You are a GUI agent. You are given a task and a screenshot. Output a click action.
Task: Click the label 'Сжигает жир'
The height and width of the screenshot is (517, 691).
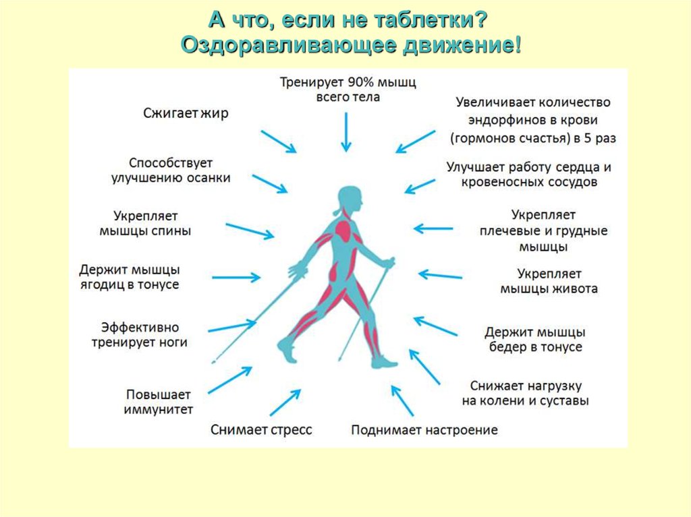pyautogui.click(x=186, y=113)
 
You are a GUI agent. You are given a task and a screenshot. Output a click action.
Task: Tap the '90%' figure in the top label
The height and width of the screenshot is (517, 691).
pyautogui.click(x=364, y=82)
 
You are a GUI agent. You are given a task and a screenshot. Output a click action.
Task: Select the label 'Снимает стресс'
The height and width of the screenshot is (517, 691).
pyautogui.click(x=261, y=429)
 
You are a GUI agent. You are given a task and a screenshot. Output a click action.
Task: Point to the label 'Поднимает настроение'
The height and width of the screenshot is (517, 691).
pyautogui.click(x=424, y=429)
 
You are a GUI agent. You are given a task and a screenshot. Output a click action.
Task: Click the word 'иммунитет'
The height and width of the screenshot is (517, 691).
pyautogui.click(x=159, y=409)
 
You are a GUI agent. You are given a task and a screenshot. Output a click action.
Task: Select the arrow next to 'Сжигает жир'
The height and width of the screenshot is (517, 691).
pyautogui.click(x=278, y=142)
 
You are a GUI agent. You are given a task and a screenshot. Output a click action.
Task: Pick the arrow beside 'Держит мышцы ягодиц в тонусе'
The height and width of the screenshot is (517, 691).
pyautogui.click(x=236, y=276)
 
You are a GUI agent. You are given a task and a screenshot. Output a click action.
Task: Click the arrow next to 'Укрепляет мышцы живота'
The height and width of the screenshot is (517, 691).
pyautogui.click(x=440, y=275)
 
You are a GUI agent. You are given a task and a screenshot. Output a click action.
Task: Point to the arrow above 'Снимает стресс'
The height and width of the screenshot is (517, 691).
pyautogui.click(x=285, y=403)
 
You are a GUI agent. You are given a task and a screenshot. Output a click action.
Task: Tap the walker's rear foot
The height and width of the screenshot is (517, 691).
pyautogui.click(x=286, y=350)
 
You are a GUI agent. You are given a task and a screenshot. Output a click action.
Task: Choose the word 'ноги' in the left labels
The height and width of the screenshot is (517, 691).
pyautogui.click(x=173, y=342)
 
